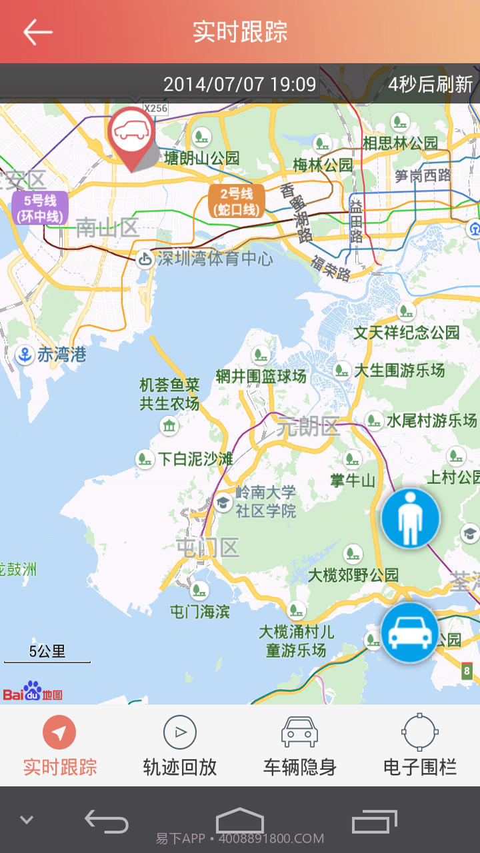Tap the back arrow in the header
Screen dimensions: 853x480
coord(37,31)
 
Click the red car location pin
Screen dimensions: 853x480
coord(132,133)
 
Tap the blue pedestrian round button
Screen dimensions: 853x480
coord(410,518)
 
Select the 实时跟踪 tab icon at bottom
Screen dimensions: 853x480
coord(59,733)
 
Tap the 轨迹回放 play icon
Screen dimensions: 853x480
coord(179,733)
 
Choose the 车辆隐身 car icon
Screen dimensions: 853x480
coord(299,732)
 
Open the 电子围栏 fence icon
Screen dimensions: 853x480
coord(420,732)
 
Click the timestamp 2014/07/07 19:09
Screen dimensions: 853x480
coord(239,85)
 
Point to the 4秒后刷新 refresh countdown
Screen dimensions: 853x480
coord(430,85)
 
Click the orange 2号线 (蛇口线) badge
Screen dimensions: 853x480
coord(237,201)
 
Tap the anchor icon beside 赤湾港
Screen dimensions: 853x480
coord(25,355)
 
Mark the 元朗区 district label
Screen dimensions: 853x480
coord(309,426)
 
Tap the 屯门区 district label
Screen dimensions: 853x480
coord(207,548)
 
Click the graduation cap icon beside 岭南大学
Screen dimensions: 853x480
coord(223,502)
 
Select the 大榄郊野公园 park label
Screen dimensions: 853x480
coord(353,574)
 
